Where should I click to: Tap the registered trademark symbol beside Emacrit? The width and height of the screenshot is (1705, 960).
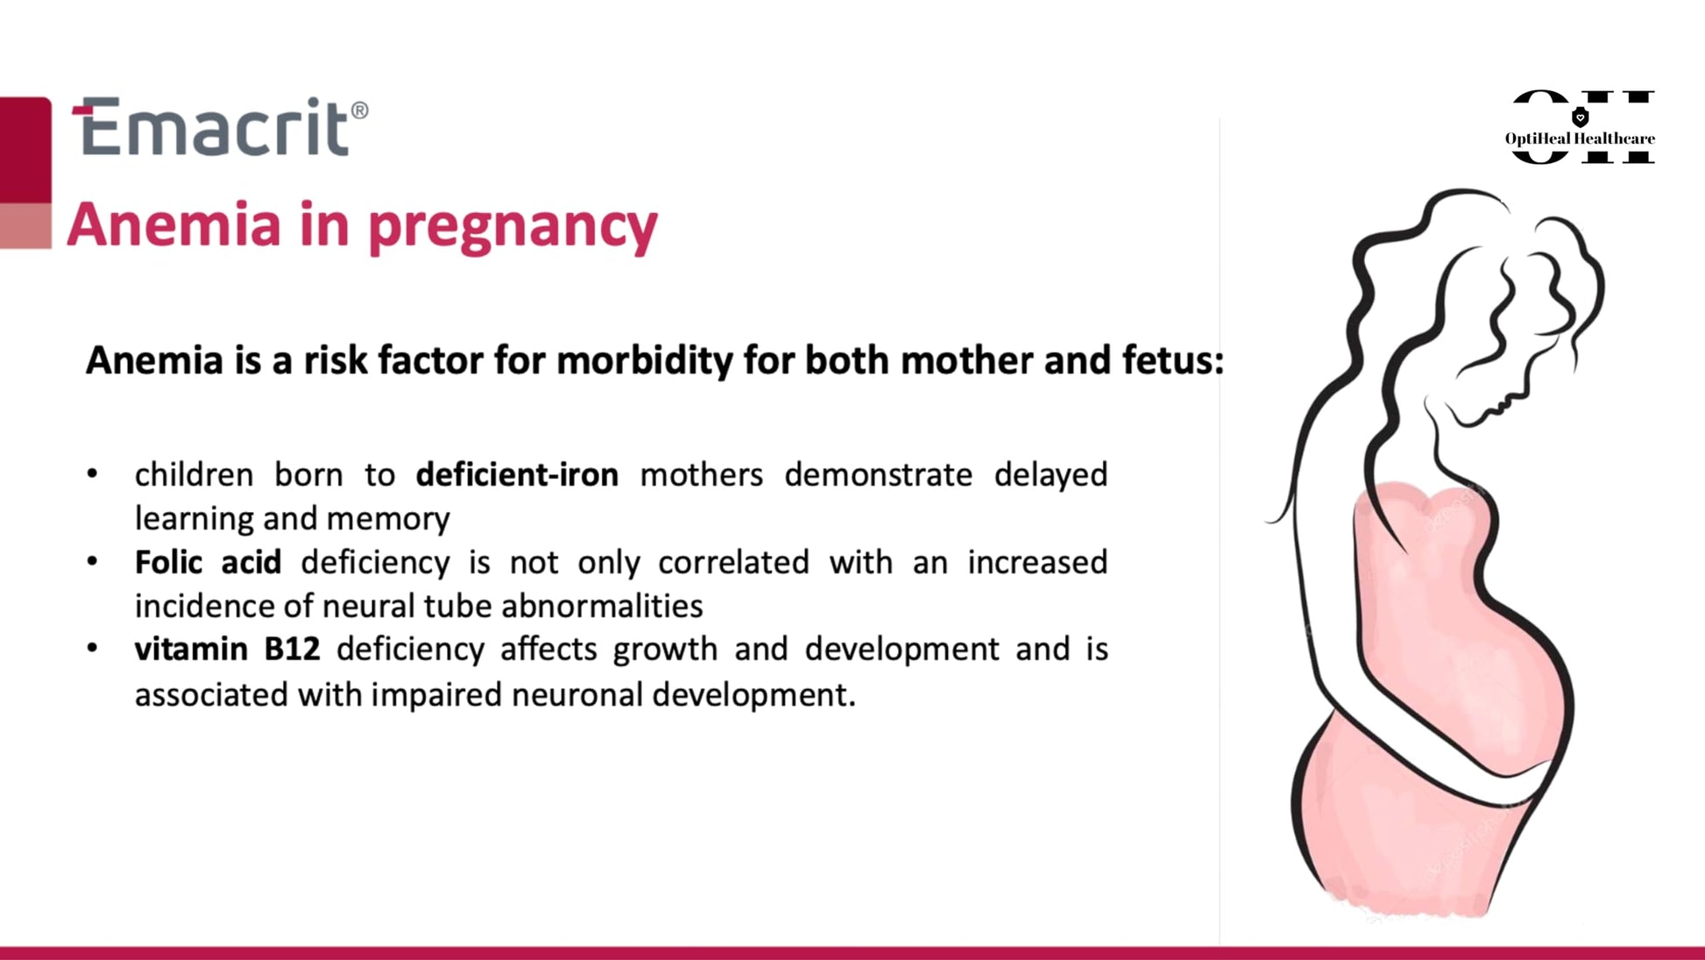click(359, 111)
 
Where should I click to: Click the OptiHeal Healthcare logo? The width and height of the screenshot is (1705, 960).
click(1581, 127)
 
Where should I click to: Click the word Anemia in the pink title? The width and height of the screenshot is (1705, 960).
click(174, 224)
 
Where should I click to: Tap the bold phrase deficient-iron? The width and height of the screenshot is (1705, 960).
click(517, 474)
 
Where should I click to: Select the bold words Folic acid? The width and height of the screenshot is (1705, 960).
click(208, 562)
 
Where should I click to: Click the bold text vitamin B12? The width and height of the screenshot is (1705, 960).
click(227, 649)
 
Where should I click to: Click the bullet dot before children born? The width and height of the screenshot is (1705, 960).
click(92, 474)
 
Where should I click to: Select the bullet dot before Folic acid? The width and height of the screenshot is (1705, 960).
click(92, 561)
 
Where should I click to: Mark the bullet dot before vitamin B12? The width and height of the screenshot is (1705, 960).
click(92, 649)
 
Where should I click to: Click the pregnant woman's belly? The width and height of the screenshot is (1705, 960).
click(1472, 666)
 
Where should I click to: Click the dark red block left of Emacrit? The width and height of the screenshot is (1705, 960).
click(25, 150)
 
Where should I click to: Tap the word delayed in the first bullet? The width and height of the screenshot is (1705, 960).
click(1051, 475)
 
